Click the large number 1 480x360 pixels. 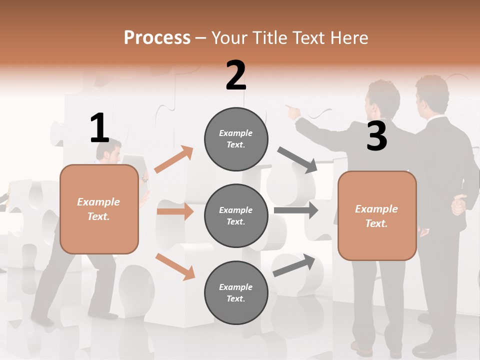(x=99, y=128)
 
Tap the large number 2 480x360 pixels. (x=236, y=75)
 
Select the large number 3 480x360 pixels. (x=376, y=136)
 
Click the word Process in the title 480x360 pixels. (x=157, y=37)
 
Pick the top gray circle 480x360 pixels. (x=236, y=139)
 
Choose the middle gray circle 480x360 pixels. (x=236, y=215)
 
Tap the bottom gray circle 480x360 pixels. (x=236, y=292)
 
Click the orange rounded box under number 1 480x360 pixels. (x=99, y=209)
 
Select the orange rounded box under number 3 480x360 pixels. (x=377, y=215)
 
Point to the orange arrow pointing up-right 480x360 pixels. (x=174, y=159)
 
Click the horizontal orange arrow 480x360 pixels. (x=175, y=211)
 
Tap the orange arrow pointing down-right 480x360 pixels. (x=175, y=266)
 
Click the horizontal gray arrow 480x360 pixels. (x=295, y=210)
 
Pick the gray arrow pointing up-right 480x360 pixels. (x=294, y=265)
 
